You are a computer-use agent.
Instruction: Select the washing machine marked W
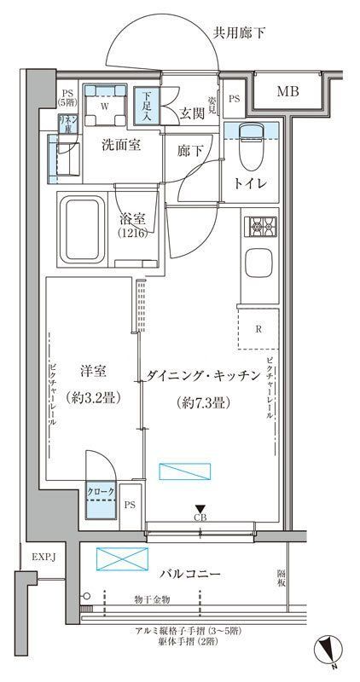pyautogui.click(x=104, y=107)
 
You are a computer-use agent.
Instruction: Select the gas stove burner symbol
pyautogui.click(x=258, y=228)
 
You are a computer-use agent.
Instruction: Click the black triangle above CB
pyautogui.click(x=200, y=509)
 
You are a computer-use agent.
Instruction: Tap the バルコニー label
pyautogui.click(x=190, y=574)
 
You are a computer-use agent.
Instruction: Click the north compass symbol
pyautogui.click(x=330, y=651)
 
